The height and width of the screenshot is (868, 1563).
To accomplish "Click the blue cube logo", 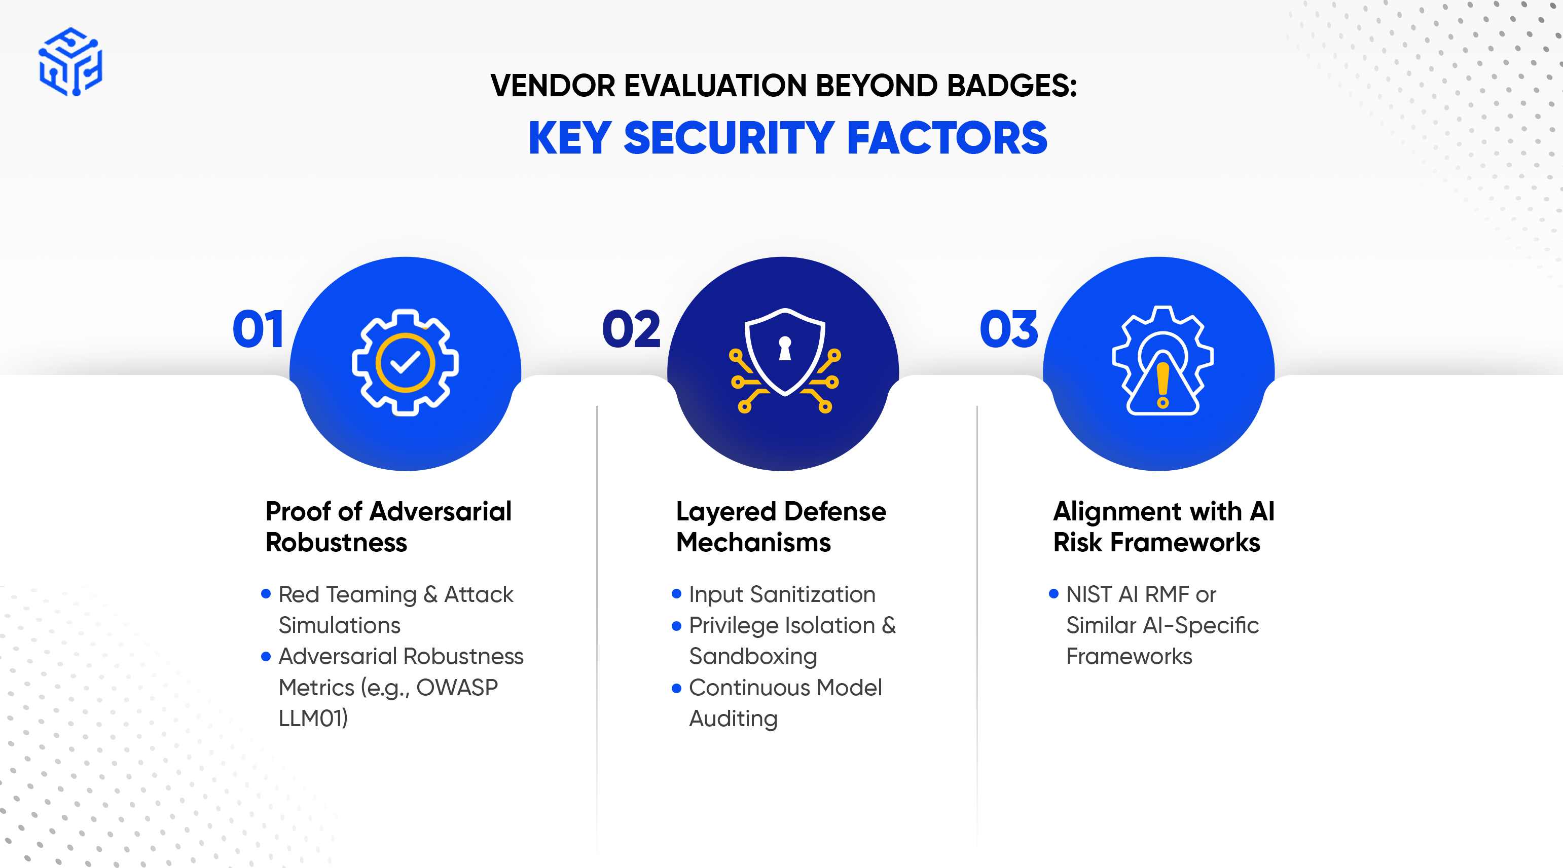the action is tap(70, 61).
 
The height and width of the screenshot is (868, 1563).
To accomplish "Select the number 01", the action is tap(258, 329).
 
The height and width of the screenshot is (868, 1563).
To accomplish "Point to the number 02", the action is tap(631, 329).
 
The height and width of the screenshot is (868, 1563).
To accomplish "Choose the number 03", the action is tap(1009, 329).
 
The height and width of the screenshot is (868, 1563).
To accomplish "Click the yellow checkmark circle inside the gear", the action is tap(405, 363).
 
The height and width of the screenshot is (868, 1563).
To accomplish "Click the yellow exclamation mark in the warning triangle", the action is tap(1162, 385).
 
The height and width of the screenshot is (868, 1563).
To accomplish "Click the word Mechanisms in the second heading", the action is tap(753, 542).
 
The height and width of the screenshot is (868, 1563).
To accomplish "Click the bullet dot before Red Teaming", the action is tap(266, 593).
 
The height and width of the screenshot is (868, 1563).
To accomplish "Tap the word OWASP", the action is tap(457, 687).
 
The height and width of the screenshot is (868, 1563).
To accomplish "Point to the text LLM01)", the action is tap(313, 718).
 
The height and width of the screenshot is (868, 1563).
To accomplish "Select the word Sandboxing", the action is tap(753, 657).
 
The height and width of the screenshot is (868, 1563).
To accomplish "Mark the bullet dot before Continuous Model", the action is tap(676, 688).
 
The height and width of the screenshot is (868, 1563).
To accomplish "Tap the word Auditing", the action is tap(733, 720).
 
